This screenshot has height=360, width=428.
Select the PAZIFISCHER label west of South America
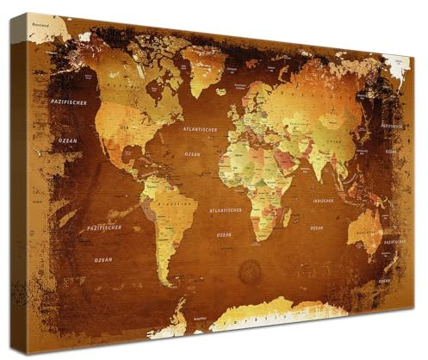[x=104, y=228]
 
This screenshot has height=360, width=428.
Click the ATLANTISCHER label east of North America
[x=199, y=130]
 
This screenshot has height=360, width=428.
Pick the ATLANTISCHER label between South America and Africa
[x=225, y=209]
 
